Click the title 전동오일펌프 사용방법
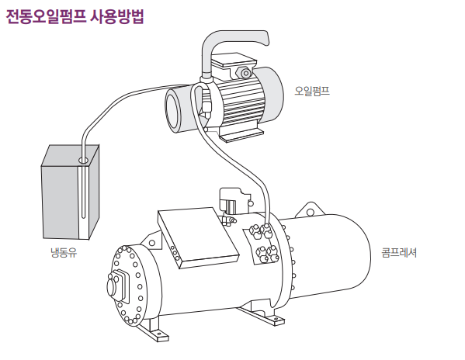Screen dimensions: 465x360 pos(75,16)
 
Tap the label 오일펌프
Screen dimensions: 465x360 pos(312,91)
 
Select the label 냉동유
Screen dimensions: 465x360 pos(64,252)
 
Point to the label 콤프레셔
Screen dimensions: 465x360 pos(399,253)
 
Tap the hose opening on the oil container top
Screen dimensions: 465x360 pos(83,161)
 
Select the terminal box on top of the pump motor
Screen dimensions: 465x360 pos(234,63)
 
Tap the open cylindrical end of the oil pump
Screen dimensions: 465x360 pos(172,109)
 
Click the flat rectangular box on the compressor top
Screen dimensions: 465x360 pos(198,238)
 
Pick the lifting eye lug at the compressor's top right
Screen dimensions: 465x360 pos(309,211)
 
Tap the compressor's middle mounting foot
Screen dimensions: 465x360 pos(262,315)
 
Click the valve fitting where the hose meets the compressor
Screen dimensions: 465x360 pos(265,229)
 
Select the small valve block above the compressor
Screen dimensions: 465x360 pos(234,202)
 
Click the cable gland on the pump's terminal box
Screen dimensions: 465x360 pos(245,73)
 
